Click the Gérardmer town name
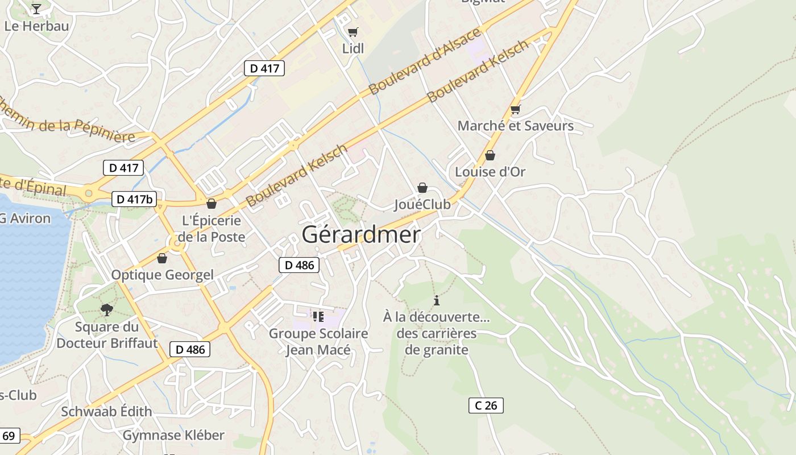click(361, 234)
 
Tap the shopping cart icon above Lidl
click(353, 32)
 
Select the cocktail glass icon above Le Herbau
click(36, 9)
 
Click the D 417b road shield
click(134, 199)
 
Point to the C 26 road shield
click(486, 405)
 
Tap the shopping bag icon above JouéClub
click(422, 188)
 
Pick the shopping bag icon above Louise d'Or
click(490, 155)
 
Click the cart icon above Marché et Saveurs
click(516, 109)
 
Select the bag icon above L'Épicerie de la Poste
click(212, 204)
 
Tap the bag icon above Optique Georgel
click(162, 259)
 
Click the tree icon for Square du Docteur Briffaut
click(106, 310)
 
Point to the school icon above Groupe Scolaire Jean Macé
click(318, 316)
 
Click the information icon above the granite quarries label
click(437, 300)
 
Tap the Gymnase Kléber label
click(173, 436)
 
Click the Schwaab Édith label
click(106, 411)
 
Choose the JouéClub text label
click(422, 205)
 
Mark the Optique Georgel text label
click(162, 275)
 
